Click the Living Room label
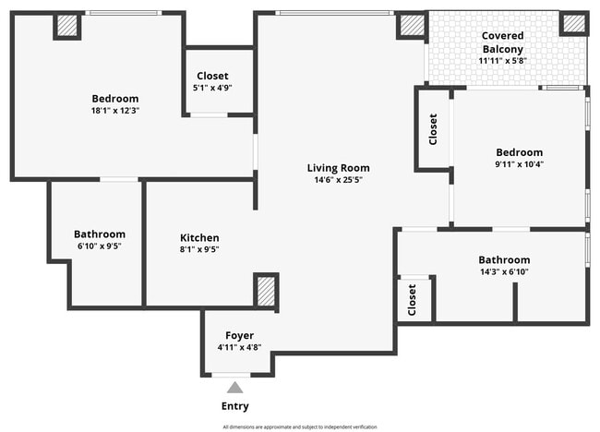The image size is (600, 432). pyautogui.click(x=338, y=168)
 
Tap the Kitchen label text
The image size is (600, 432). pyautogui.click(x=199, y=237)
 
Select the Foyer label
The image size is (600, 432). pyautogui.click(x=239, y=335)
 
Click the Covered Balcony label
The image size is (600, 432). pyautogui.click(x=502, y=42)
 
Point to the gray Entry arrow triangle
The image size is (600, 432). pyautogui.click(x=235, y=388)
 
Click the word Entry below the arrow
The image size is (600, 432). pyautogui.click(x=234, y=406)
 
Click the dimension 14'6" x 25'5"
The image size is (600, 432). pyautogui.click(x=338, y=180)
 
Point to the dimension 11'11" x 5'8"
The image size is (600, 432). pyautogui.click(x=502, y=61)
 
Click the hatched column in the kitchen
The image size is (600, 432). pyautogui.click(x=266, y=290)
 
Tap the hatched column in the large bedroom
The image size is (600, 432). pyautogui.click(x=66, y=25)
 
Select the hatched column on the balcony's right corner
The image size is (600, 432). pyautogui.click(x=574, y=24)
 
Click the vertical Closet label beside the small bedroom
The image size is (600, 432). pyautogui.click(x=433, y=129)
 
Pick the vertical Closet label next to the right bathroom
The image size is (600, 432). pyautogui.click(x=412, y=298)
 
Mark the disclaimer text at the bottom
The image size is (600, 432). pyautogui.click(x=299, y=426)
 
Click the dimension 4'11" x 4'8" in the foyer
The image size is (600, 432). pyautogui.click(x=239, y=348)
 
